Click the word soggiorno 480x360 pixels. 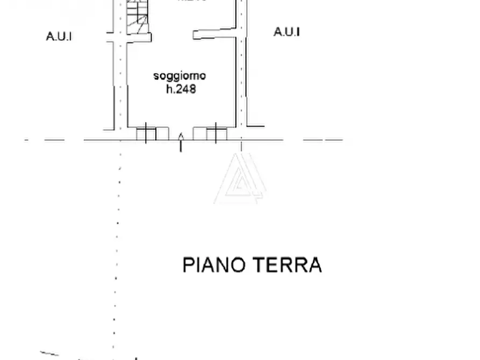pos(179,76)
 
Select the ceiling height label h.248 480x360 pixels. pos(180,89)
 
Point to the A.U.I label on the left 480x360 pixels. pos(59,37)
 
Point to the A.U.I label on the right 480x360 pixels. pos(286,32)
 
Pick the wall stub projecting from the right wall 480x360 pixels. pos(215,33)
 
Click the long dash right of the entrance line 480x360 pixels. pos(323,140)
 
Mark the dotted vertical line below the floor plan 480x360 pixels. pos(117,242)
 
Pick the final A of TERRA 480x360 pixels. pos(314,265)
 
